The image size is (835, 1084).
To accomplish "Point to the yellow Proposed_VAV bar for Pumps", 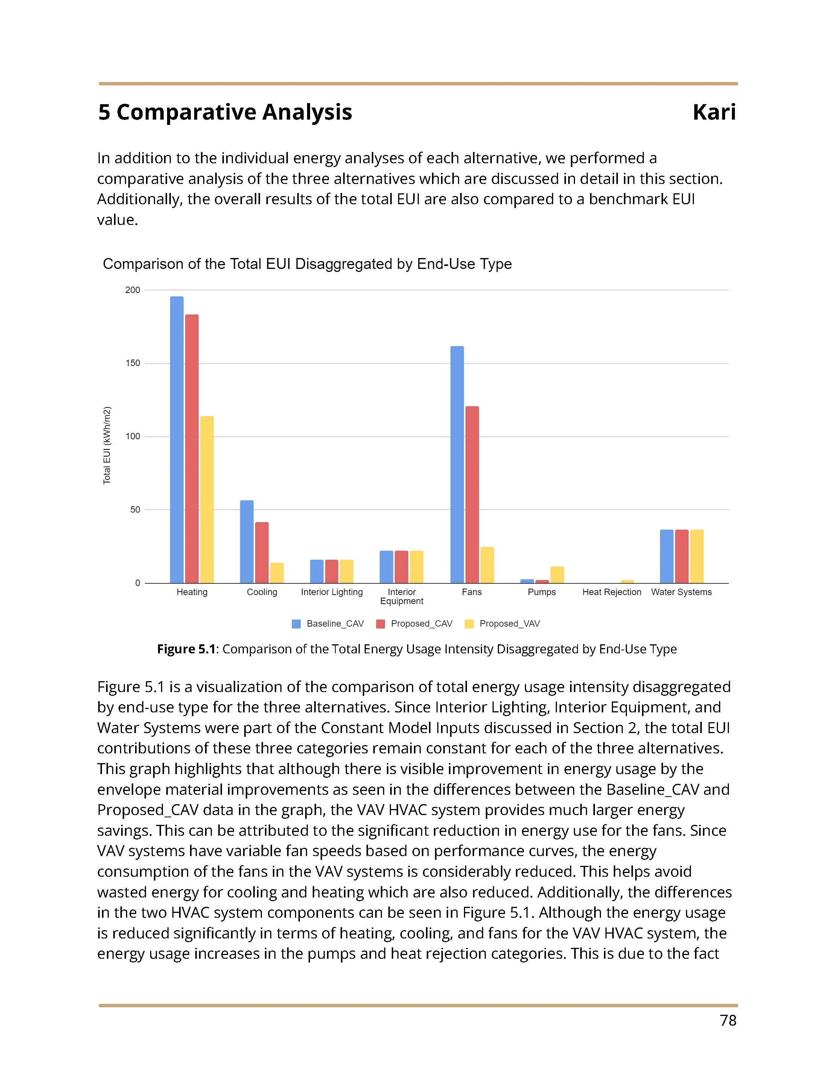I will [x=557, y=574].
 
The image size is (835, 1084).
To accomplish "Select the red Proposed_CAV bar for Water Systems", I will [x=681, y=556].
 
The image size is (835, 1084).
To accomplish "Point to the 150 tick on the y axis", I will [x=132, y=363].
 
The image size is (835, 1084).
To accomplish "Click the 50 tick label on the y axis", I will [x=135, y=510].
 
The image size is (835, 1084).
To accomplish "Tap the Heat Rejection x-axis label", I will [x=611, y=592].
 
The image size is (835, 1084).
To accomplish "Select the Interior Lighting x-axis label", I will [x=332, y=592].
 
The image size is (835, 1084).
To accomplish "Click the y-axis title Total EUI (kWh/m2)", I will [x=107, y=445].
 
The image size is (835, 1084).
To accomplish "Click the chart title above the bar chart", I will [x=307, y=264].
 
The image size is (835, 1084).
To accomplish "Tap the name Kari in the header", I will [x=713, y=112].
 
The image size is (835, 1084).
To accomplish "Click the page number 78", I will [x=727, y=1020].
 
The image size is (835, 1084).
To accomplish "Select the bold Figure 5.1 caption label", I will [x=187, y=649].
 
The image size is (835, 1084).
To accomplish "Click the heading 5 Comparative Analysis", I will [x=225, y=112].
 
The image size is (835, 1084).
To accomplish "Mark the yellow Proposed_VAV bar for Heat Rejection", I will [x=627, y=581].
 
